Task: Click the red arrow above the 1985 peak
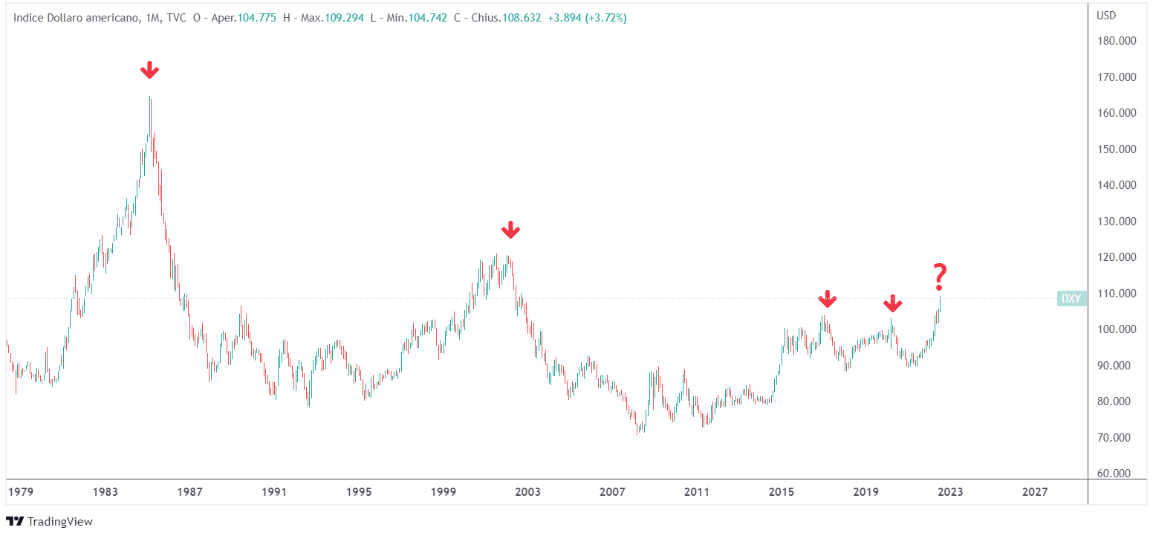[149, 71]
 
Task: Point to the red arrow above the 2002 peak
[510, 230]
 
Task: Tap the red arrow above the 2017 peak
[827, 300]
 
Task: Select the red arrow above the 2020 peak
[892, 303]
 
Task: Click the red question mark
[940, 277]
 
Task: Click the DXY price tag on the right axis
[1071, 299]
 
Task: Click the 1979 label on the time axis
[20, 492]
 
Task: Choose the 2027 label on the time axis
[1035, 492]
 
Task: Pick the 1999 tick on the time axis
[443, 492]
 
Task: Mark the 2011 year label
[697, 492]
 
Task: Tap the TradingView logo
[50, 521]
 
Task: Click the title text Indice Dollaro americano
[74, 17]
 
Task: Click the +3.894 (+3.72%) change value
[587, 17]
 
